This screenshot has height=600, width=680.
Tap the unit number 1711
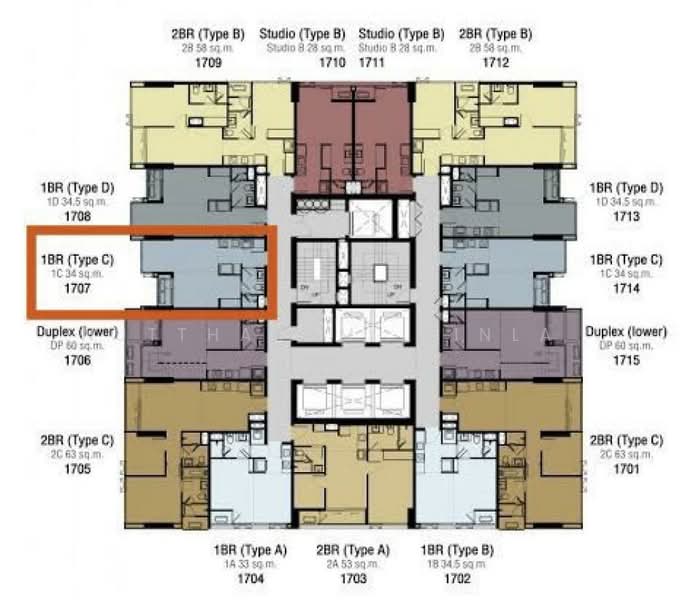click(386, 63)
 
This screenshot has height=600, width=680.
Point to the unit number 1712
click(495, 63)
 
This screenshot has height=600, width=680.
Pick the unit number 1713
click(625, 216)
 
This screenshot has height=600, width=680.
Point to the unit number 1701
click(625, 468)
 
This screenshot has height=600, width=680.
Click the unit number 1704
click(249, 578)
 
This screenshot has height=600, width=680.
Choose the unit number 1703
click(353, 578)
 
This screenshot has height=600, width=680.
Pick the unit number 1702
click(457, 578)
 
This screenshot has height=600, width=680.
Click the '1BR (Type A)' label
click(249, 550)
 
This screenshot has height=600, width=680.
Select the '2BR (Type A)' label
click(353, 550)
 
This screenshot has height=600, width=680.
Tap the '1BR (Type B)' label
click(457, 550)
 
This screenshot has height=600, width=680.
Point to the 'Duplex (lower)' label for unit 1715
click(625, 331)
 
